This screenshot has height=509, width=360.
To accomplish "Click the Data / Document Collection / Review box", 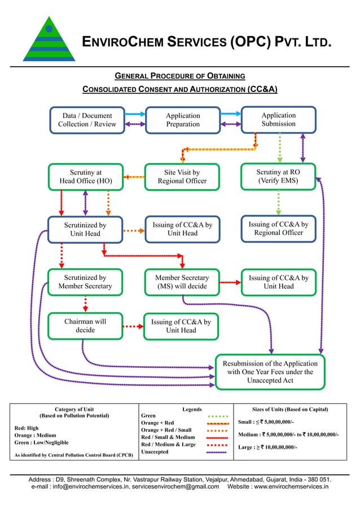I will (x=87, y=120).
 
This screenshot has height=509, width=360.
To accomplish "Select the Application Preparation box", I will (x=182, y=120).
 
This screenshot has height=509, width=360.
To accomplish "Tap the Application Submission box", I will (x=278, y=120).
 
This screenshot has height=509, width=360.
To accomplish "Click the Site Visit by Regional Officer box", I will (x=182, y=177).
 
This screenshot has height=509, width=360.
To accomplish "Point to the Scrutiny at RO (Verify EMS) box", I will (x=278, y=177).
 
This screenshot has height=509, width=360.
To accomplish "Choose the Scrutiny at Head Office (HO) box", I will (x=85, y=177).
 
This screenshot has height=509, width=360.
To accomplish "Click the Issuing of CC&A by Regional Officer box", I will (x=278, y=229).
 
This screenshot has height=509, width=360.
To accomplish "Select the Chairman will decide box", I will (x=85, y=326).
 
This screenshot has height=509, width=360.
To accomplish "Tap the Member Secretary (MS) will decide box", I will (x=182, y=282).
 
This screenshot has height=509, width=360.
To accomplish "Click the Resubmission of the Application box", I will (x=270, y=372).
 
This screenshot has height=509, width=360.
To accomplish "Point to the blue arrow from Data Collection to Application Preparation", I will (x=135, y=115).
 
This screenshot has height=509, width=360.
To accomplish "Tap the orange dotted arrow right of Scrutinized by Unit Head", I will (x=134, y=230).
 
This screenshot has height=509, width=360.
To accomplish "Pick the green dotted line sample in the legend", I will (x=217, y=416).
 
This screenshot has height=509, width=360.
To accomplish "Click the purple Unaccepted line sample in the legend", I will (x=217, y=452).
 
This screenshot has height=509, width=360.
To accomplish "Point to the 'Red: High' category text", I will (x=26, y=428).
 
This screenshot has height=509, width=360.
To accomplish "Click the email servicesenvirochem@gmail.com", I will (x=175, y=486).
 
